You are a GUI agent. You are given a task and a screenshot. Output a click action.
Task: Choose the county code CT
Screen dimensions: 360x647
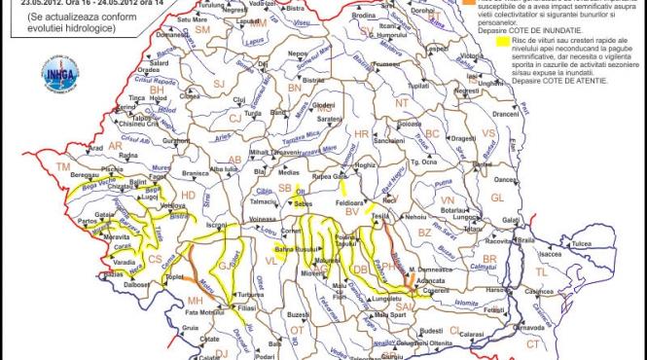point(532,343)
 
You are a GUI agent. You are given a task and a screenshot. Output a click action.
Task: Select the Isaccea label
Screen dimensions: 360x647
point(553,254)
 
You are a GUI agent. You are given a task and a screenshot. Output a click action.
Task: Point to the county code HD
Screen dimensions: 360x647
point(189,196)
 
